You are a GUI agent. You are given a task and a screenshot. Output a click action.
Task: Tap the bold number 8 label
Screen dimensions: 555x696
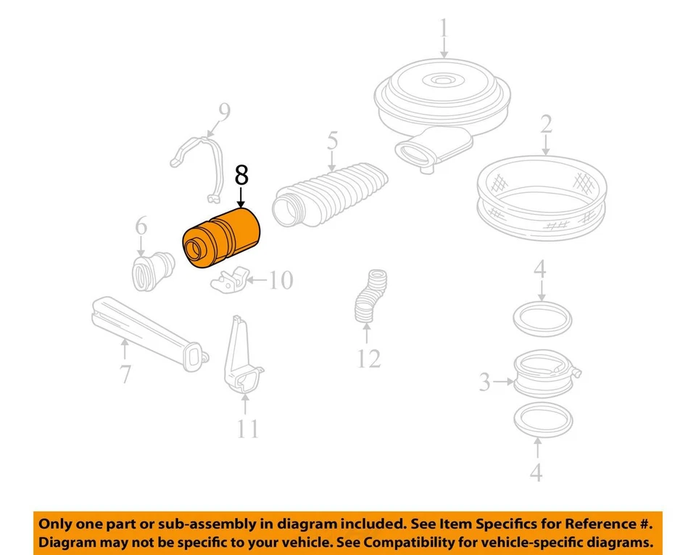coord(241,176)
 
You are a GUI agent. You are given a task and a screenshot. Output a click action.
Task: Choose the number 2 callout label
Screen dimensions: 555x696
coord(545,124)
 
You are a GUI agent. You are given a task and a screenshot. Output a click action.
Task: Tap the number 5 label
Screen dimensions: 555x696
coord(332,140)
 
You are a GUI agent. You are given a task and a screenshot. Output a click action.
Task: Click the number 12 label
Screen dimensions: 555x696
coord(368,358)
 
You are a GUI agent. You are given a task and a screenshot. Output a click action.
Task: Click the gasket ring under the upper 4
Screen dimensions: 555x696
coord(542,318)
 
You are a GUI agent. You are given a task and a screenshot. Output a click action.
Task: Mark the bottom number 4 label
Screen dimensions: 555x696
coord(535,472)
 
